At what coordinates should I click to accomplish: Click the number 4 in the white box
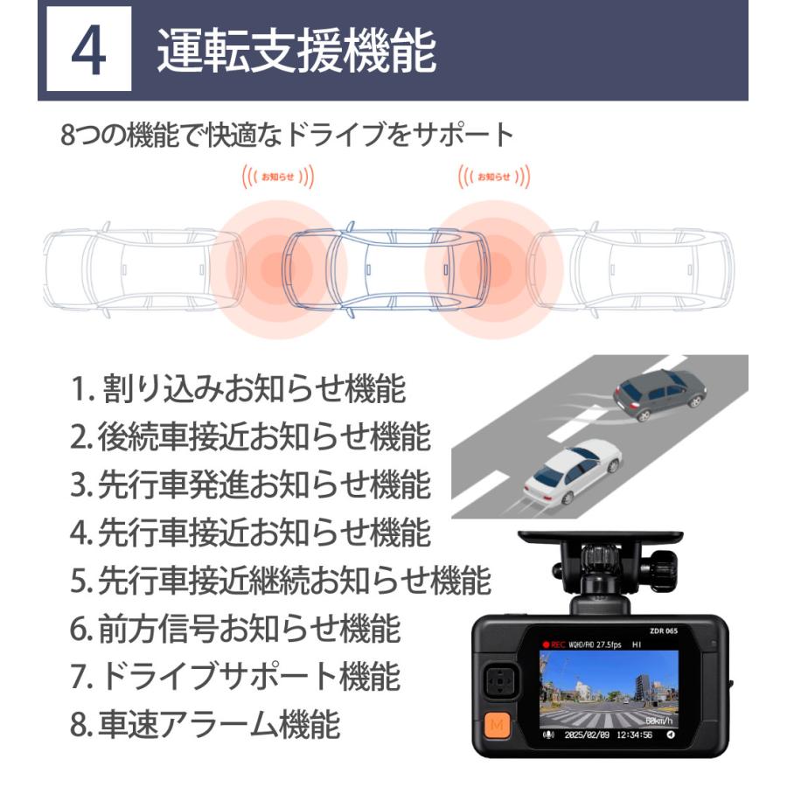tap(88, 52)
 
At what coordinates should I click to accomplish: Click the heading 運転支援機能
tap(296, 52)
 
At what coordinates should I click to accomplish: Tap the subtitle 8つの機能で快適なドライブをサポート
tap(288, 136)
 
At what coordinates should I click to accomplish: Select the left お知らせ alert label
tap(278, 177)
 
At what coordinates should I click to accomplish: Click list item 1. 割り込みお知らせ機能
tap(238, 390)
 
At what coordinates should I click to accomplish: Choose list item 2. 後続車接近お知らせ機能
tap(250, 437)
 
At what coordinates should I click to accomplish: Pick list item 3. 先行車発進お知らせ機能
tap(250, 484)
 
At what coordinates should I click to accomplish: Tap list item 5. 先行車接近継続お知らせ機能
tap(280, 579)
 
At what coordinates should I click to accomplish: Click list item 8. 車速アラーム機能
tap(205, 723)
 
